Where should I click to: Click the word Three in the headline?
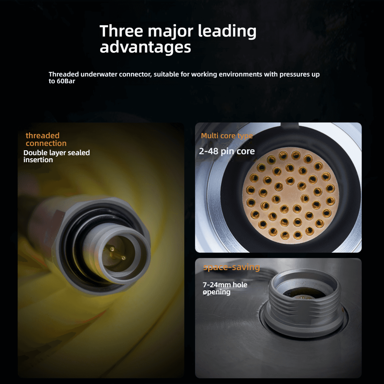point(121,31)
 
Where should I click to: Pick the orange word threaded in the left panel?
point(43,135)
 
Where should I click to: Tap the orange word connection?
point(46,143)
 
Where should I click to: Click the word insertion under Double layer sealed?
point(38,160)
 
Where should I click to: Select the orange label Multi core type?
point(227,136)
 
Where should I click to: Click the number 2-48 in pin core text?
point(209,151)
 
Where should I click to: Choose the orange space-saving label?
point(231,267)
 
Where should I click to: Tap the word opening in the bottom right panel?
point(217,292)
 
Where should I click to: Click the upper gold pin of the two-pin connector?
point(112,249)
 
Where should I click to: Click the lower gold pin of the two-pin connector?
point(123,258)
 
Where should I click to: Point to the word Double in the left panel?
point(35,153)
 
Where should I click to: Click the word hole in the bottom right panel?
point(240,285)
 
